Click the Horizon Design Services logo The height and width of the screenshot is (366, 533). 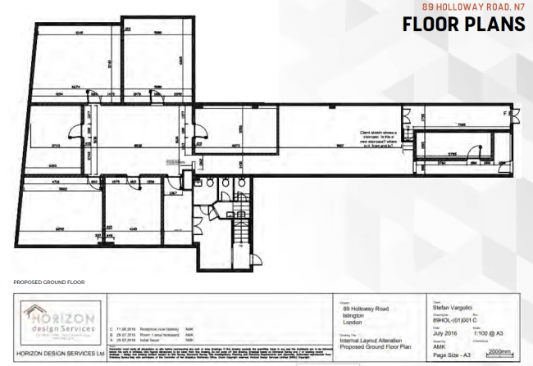tap(60, 323)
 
